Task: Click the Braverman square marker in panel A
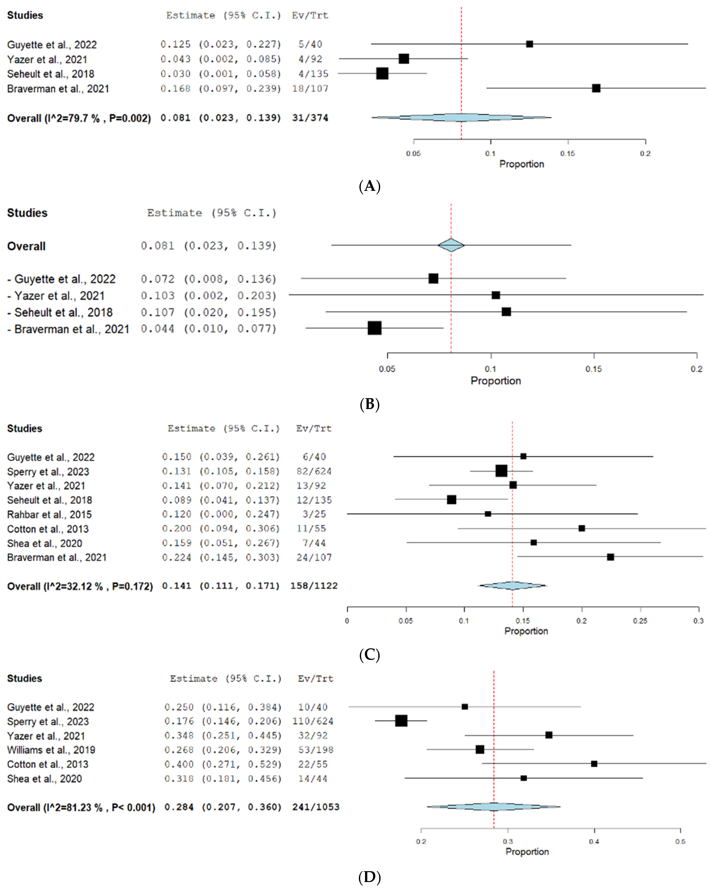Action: click(x=596, y=88)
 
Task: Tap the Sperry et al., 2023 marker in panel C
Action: click(x=501, y=471)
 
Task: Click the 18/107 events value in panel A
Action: click(x=310, y=89)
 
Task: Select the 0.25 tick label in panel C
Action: click(x=640, y=621)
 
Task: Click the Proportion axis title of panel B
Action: click(x=496, y=381)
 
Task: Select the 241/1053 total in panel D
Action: click(x=316, y=807)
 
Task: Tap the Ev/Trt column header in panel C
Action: click(x=314, y=428)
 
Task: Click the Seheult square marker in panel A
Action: click(x=382, y=74)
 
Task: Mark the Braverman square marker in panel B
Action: click(x=374, y=328)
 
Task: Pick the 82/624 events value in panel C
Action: click(x=314, y=471)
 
